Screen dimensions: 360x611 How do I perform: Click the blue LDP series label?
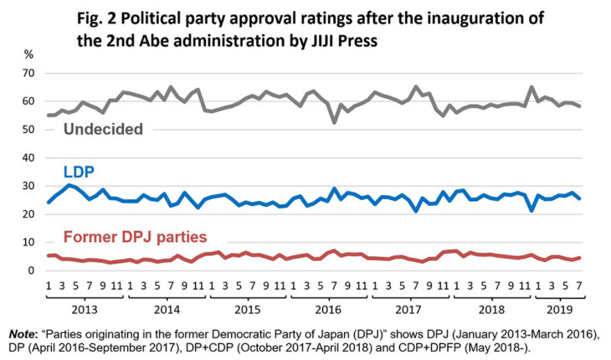(80, 172)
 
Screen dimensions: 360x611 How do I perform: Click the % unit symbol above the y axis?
(29, 54)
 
